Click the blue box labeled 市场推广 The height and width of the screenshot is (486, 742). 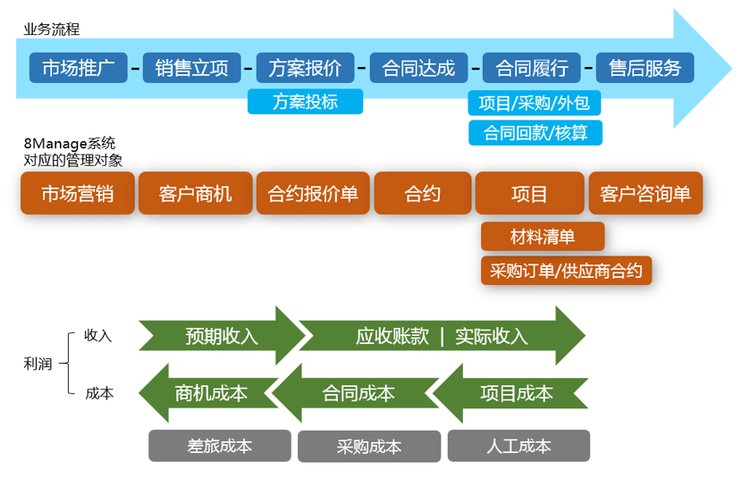[79, 67]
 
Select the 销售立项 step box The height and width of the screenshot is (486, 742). [191, 67]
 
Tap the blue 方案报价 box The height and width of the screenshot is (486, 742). [305, 67]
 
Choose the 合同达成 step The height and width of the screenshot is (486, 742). [418, 67]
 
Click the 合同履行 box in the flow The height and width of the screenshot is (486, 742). [531, 67]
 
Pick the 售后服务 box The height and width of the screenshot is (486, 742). [645, 67]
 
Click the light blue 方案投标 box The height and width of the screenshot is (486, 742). [305, 101]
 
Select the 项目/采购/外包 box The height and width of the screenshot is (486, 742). [534, 102]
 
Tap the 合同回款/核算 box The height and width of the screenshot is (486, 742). [535, 132]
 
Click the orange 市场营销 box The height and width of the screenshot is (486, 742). [77, 193]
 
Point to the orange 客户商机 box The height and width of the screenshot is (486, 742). [195, 193]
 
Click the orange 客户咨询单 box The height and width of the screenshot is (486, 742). [645, 193]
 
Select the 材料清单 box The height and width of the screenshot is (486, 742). [543, 237]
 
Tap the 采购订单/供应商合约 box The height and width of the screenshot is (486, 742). [566, 270]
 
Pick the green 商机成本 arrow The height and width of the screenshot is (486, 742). [210, 392]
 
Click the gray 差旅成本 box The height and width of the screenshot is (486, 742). [220, 446]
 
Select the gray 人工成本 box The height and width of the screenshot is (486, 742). [519, 446]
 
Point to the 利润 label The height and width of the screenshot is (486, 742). [38, 364]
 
